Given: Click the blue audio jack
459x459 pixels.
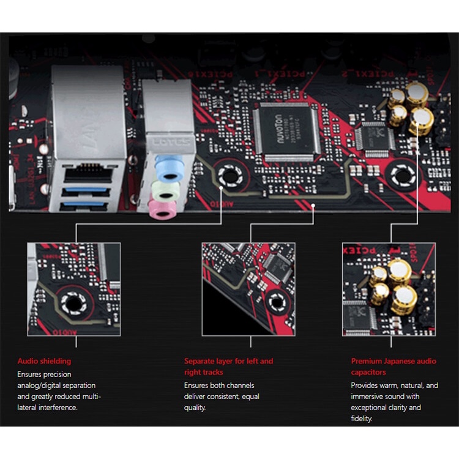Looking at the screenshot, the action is point(167,164).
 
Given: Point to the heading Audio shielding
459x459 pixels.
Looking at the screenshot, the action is point(44,361).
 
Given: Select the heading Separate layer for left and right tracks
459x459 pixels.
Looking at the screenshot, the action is point(228,367).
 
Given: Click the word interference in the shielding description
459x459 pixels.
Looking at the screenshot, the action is point(57,408).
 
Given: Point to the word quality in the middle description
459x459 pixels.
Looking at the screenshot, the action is point(195,408).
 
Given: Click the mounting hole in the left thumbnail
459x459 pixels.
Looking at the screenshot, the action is point(73,301).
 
